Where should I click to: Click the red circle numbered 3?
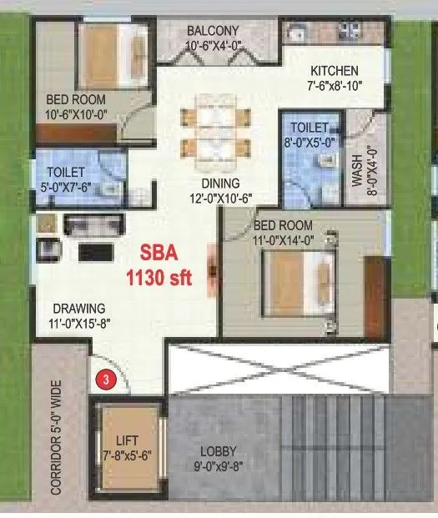tap(105, 379)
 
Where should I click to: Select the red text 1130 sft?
tap(164, 279)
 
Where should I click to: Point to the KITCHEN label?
tap(334, 71)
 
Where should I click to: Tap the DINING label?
tap(219, 184)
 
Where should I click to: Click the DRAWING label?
tap(75, 307)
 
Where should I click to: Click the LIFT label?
tap(128, 440)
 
